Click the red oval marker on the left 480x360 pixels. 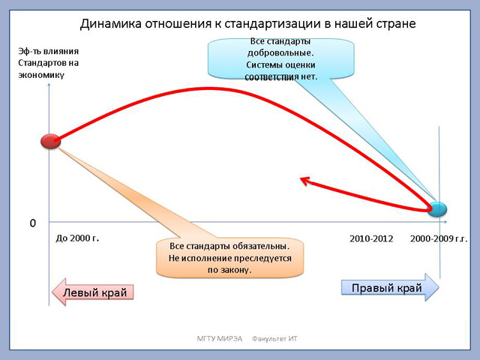point(51,142)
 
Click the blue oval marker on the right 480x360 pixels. point(437,209)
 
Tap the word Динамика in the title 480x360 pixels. point(111,24)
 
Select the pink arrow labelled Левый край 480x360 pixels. point(92,292)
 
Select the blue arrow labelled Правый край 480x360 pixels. point(390,287)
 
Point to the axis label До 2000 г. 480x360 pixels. point(77,238)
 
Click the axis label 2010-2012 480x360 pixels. point(371,238)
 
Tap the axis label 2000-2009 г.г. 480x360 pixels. point(439,238)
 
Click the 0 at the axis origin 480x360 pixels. point(33,223)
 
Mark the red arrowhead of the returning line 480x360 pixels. point(305,181)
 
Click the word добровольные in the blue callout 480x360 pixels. point(280,53)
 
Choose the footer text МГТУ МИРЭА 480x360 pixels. point(220,338)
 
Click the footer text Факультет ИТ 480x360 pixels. point(274,338)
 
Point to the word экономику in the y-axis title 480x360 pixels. point(41,75)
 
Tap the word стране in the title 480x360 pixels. point(397,24)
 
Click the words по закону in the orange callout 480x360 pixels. point(229,270)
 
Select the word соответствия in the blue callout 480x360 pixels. point(271,76)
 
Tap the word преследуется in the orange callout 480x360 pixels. point(262,258)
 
